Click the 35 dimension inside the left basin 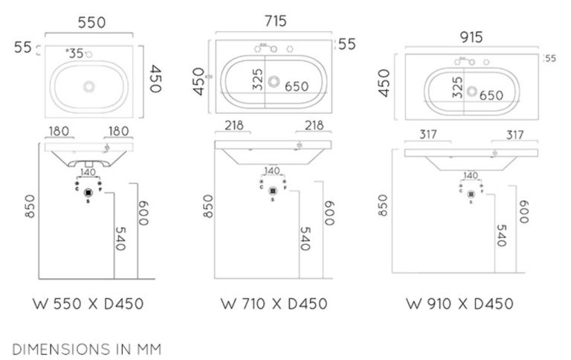(x=76, y=54)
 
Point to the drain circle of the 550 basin (x=89, y=87)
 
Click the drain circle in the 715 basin (x=275, y=80)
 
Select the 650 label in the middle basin (x=296, y=87)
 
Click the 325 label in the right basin (x=457, y=87)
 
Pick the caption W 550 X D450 (x=88, y=303)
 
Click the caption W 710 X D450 (x=274, y=303)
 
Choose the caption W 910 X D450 (x=459, y=303)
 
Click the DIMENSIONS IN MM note (x=86, y=347)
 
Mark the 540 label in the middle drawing (x=303, y=238)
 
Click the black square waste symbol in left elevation (x=88, y=191)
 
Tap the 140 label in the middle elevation (x=274, y=171)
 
